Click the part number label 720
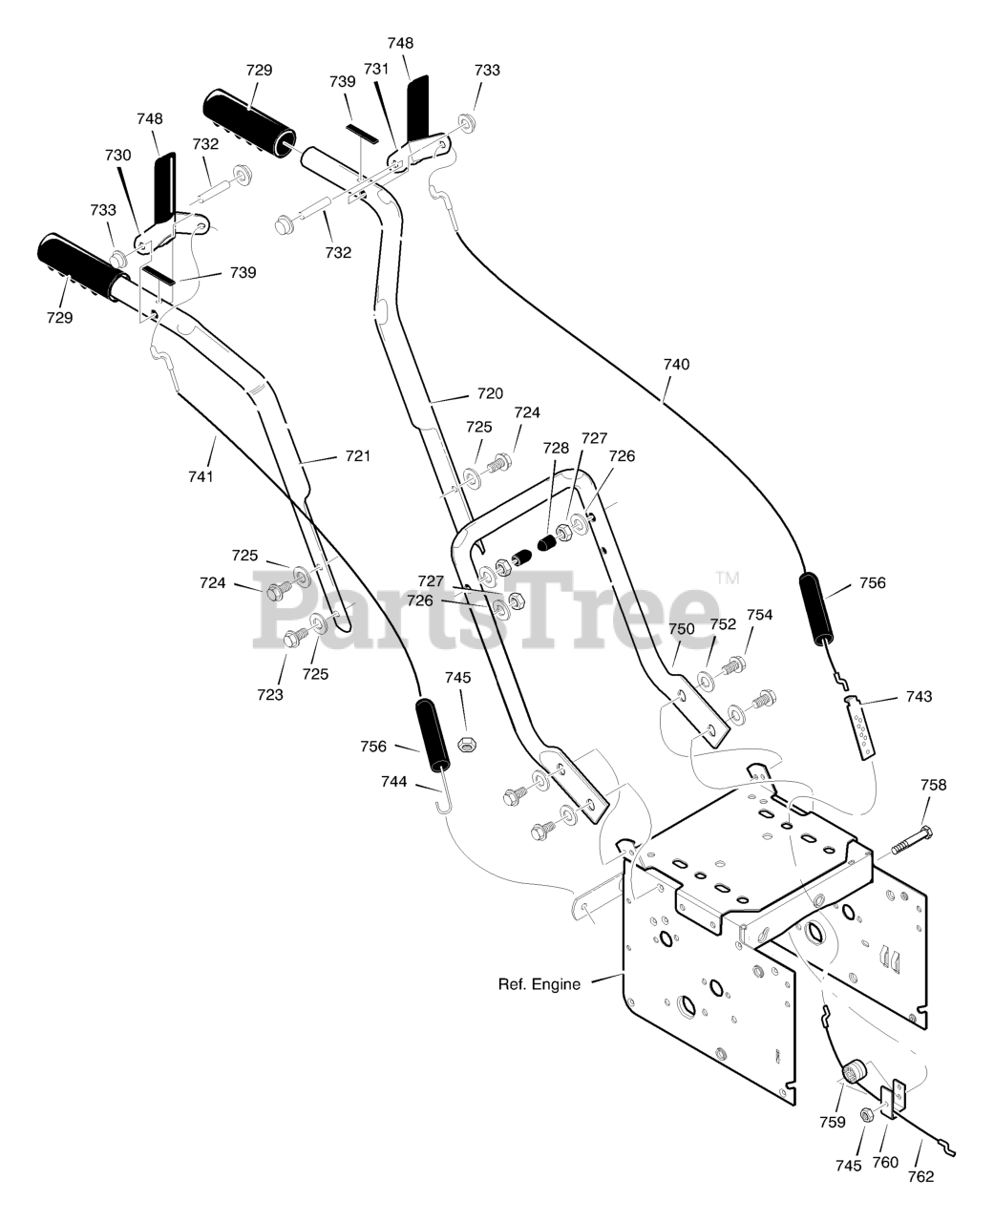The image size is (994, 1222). point(490,393)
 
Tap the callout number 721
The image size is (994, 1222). point(358,455)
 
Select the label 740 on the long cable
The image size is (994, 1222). point(677,365)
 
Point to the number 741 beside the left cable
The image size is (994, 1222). point(201,476)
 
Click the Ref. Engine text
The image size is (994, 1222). point(539,984)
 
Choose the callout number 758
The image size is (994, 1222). point(934,784)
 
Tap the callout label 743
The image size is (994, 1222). point(920,696)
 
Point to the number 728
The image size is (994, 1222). point(556,448)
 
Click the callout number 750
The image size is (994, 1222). point(682,629)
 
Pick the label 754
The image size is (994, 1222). point(760,615)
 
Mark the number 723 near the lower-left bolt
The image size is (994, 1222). point(270,695)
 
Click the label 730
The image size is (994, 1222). point(118,155)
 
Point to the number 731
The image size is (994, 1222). point(376,69)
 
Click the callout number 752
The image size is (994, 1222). point(723,624)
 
